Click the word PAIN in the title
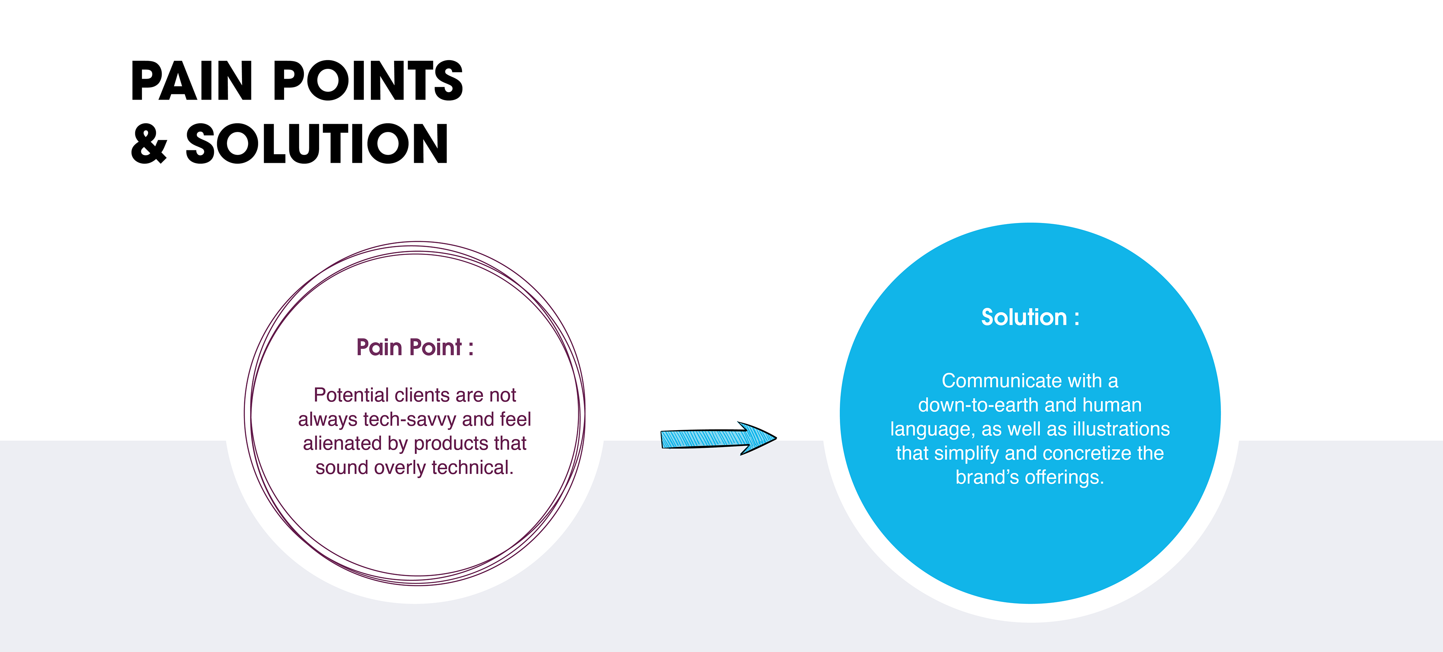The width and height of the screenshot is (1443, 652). pos(192,82)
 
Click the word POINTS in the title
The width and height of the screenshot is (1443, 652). pos(368,82)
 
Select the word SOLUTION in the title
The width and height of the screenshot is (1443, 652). pos(317,144)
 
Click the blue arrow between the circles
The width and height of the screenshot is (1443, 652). pos(718,438)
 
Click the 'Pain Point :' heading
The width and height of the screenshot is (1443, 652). pos(414,347)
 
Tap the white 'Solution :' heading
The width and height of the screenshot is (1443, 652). pos(1030,317)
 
